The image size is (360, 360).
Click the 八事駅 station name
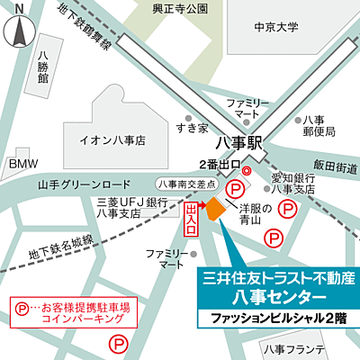click(242, 142)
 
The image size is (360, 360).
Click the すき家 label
click(191, 129)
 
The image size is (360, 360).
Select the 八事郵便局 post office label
click(319, 126)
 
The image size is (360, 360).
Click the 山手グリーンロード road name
click(80, 184)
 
